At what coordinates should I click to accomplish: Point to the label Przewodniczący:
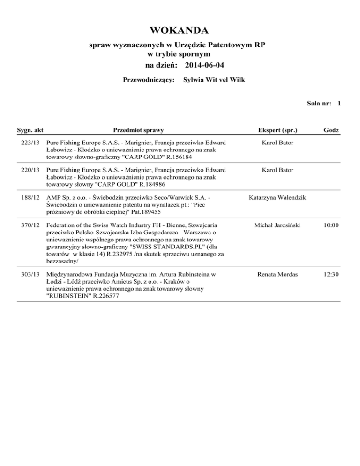(x=149, y=80)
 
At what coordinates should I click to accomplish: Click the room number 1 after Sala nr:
(x=338, y=104)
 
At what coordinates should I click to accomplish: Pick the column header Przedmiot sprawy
(x=139, y=129)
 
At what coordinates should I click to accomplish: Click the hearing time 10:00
(x=331, y=226)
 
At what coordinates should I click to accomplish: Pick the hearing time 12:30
(x=331, y=273)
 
